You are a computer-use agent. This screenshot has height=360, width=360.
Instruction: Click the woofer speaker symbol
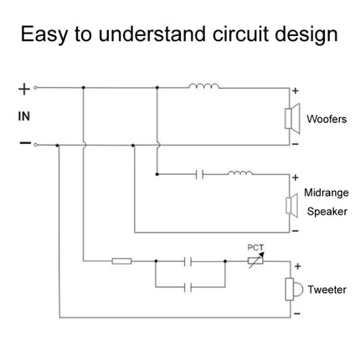click(292, 119)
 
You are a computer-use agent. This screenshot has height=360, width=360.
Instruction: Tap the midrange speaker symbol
click(292, 205)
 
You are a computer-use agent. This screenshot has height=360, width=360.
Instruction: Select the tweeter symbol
click(294, 289)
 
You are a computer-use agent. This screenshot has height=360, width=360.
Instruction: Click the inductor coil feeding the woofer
click(204, 86)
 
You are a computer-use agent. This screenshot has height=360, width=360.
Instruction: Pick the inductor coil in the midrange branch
click(240, 172)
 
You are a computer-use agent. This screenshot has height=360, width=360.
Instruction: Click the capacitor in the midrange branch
click(199, 174)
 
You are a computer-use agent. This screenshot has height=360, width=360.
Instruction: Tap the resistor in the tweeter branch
click(121, 261)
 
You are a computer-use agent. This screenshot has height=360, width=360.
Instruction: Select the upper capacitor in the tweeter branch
click(188, 261)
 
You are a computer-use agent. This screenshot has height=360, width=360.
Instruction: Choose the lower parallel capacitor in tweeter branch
click(188, 287)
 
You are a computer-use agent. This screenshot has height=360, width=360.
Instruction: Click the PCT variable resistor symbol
click(255, 260)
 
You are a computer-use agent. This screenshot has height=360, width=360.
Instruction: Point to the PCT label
click(255, 247)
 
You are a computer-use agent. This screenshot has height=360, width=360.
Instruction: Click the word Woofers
click(327, 119)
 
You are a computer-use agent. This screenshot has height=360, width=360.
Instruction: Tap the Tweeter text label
click(327, 290)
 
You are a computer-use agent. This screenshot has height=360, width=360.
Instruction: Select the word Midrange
click(327, 193)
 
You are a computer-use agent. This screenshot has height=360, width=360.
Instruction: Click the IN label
click(24, 116)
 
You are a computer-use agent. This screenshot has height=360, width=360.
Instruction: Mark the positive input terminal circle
click(35, 88)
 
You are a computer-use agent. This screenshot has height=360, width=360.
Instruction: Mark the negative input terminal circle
click(35, 145)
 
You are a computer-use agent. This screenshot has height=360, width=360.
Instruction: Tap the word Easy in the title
click(44, 35)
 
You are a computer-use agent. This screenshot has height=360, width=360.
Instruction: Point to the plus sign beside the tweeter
click(298, 266)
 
